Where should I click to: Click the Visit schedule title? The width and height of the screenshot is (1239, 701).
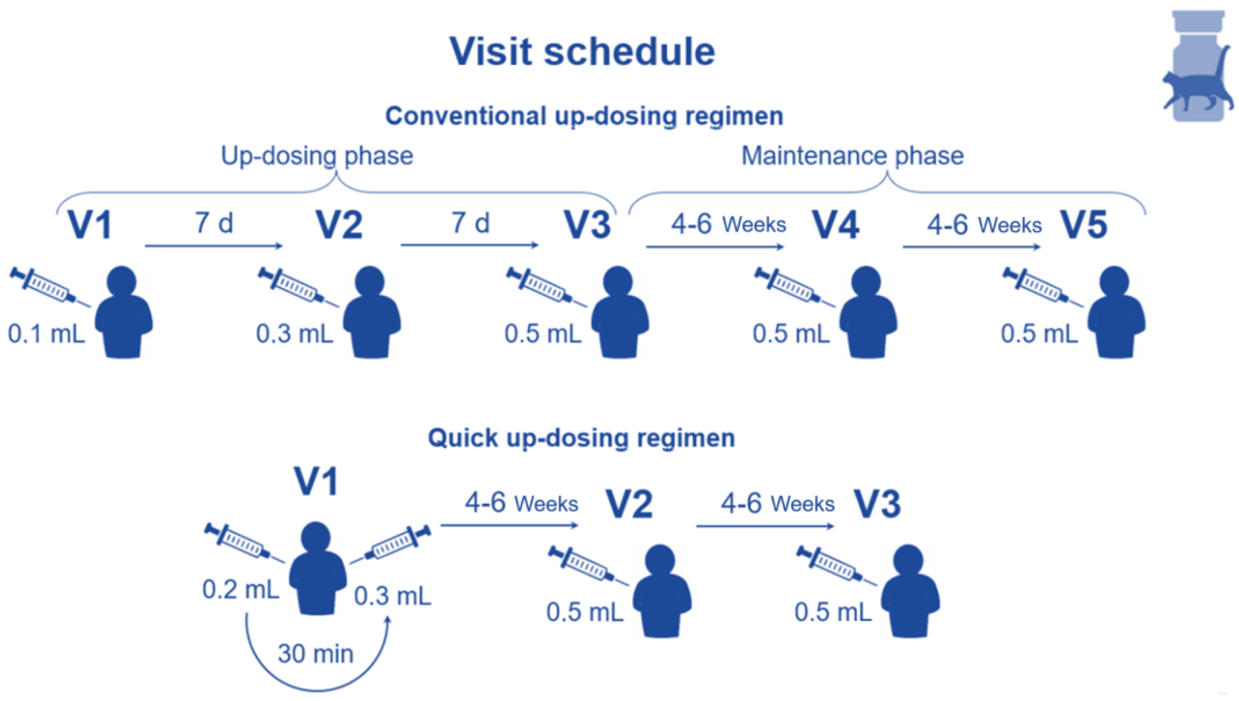pos(582,51)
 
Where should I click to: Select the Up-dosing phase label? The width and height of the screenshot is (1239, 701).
pos(317,156)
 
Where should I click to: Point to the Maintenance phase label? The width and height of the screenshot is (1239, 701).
pos(852,156)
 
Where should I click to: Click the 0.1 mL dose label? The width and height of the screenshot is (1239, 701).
pos(46,334)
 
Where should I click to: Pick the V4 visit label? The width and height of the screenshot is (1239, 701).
pos(836,225)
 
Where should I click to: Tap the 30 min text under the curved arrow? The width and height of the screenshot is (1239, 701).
pos(315,654)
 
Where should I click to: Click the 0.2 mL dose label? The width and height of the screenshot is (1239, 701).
pos(241,589)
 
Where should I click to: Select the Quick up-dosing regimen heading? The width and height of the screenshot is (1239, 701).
pos(582,438)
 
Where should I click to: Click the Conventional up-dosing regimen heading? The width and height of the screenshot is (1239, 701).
pos(584,116)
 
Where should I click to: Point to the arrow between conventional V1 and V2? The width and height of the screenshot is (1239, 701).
pos(214,246)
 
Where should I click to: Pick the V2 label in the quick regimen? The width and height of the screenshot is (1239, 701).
pos(629,504)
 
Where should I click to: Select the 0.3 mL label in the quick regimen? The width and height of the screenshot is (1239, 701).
pos(392,596)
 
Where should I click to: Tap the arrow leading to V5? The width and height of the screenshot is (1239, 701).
pos(971,247)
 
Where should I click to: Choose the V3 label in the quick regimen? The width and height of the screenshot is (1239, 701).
pos(877,504)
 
